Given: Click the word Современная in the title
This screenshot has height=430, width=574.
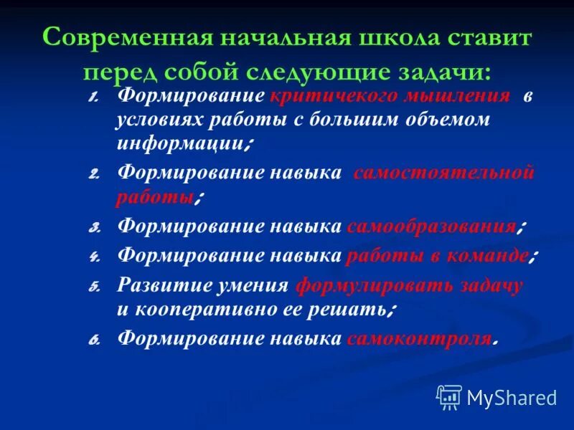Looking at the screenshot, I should pyautogui.click(x=118, y=37).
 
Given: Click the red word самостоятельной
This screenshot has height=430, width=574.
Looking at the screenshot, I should pyautogui.click(x=444, y=173).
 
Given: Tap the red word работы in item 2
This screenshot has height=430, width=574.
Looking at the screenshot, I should pyautogui.click(x=155, y=196).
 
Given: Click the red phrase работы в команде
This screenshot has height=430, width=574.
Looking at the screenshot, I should pyautogui.click(x=438, y=255).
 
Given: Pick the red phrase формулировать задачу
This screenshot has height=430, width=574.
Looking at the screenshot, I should pyautogui.click(x=409, y=285).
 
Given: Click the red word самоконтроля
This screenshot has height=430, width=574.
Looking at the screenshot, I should pyautogui.click(x=420, y=338).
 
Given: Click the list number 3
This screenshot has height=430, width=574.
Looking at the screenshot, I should pyautogui.click(x=94, y=228).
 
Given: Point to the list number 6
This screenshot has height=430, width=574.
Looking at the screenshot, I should pyautogui.click(x=94, y=339).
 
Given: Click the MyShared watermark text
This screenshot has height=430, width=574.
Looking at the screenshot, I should pyautogui.click(x=512, y=396).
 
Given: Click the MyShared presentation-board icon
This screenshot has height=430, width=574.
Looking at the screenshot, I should pyautogui.click(x=449, y=396).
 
